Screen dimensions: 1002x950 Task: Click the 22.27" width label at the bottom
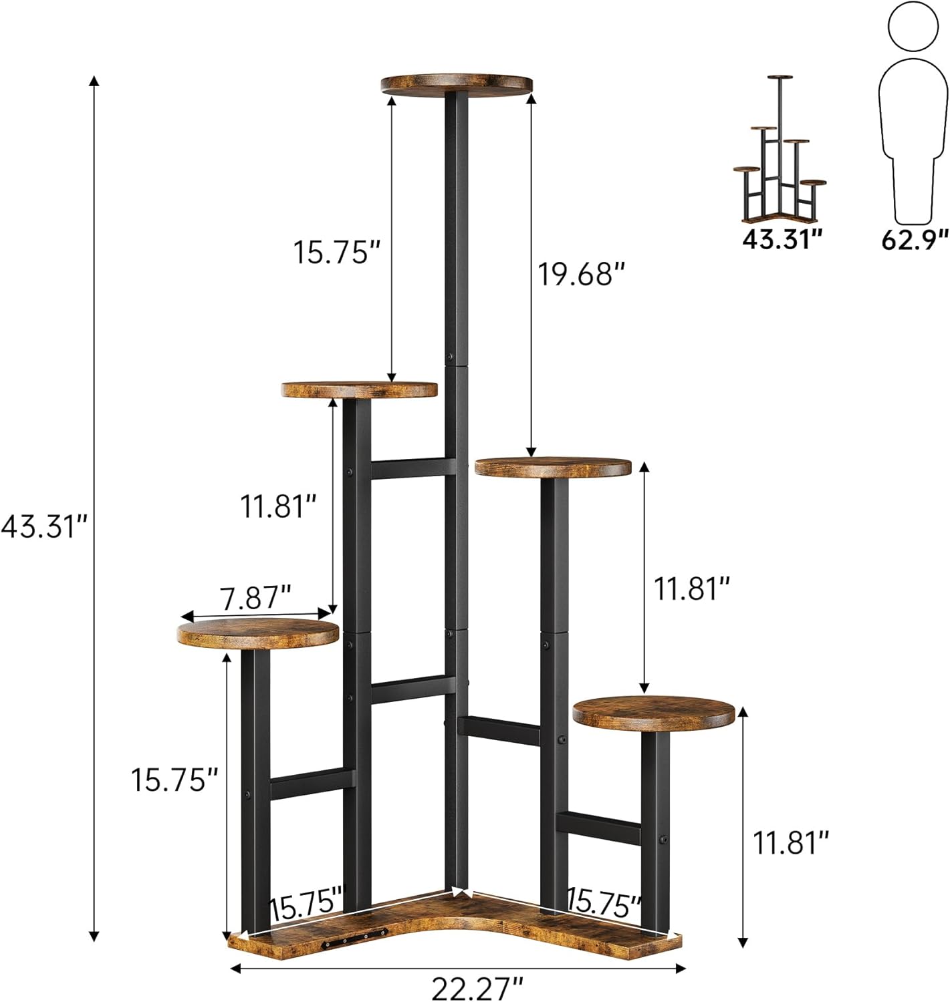coord(477,987)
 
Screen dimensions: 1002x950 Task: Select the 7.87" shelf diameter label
coord(256,597)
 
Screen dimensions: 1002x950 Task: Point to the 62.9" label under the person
coord(915,238)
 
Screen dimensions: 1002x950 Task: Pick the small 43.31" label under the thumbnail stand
coord(782,238)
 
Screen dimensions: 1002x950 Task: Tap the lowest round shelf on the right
coord(653,713)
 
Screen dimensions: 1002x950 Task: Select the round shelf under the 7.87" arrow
coord(258,633)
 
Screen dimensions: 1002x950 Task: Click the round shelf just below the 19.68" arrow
coord(553,467)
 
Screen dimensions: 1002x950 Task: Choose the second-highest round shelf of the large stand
coord(360,389)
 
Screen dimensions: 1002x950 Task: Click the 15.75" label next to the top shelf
coord(337,253)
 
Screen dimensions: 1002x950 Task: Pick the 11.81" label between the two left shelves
coord(278,506)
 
